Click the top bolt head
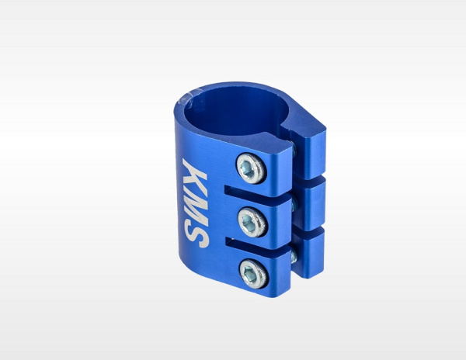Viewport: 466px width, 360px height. coord(252,168)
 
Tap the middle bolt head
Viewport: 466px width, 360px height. coord(253,222)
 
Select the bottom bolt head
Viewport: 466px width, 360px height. coord(255,274)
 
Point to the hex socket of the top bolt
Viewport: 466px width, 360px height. coord(249,169)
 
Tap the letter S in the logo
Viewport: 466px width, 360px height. coord(196,235)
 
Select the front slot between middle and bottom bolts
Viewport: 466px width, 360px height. coord(258,244)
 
